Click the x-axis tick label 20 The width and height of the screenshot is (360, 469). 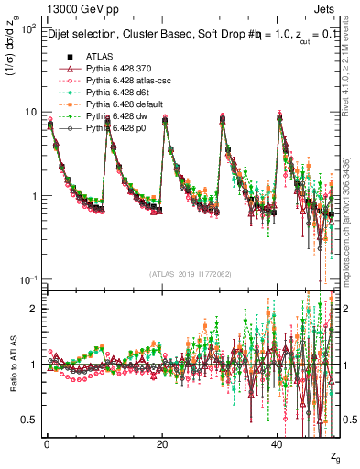(x=162, y=443)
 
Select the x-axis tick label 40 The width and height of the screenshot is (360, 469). (x=278, y=443)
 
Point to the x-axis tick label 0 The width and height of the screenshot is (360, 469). (x=47, y=443)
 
